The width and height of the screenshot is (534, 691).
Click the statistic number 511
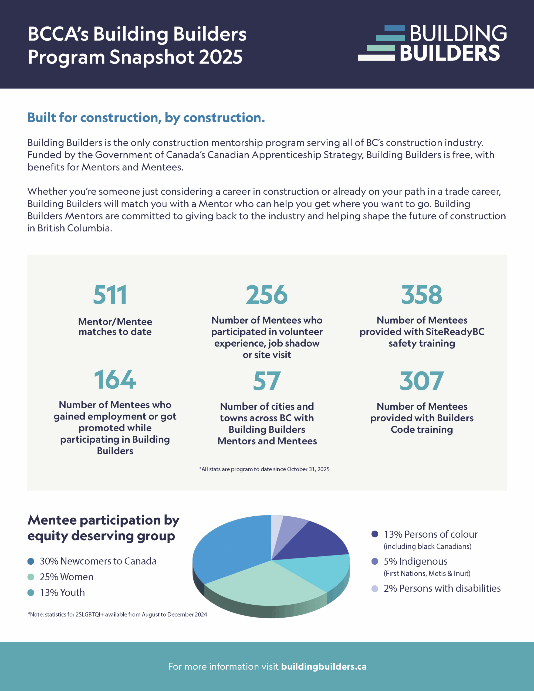click(x=110, y=294)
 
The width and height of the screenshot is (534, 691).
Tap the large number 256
click(x=266, y=294)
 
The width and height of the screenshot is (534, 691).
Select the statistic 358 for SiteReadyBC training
click(x=422, y=294)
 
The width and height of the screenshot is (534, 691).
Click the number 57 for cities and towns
click(x=266, y=381)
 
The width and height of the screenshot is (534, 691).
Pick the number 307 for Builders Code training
click(x=422, y=381)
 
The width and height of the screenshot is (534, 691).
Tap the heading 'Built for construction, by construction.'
click(x=146, y=117)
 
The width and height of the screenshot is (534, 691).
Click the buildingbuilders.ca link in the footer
click(x=323, y=666)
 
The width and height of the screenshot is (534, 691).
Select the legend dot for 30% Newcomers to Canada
click(x=31, y=561)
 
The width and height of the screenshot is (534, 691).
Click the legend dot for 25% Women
click(x=31, y=577)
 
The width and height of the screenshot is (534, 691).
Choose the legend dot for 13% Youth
click(x=31, y=592)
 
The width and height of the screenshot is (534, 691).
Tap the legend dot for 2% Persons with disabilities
click(x=375, y=588)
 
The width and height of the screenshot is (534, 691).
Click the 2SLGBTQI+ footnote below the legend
click(x=117, y=614)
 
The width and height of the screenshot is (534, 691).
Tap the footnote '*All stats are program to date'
click(x=264, y=469)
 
